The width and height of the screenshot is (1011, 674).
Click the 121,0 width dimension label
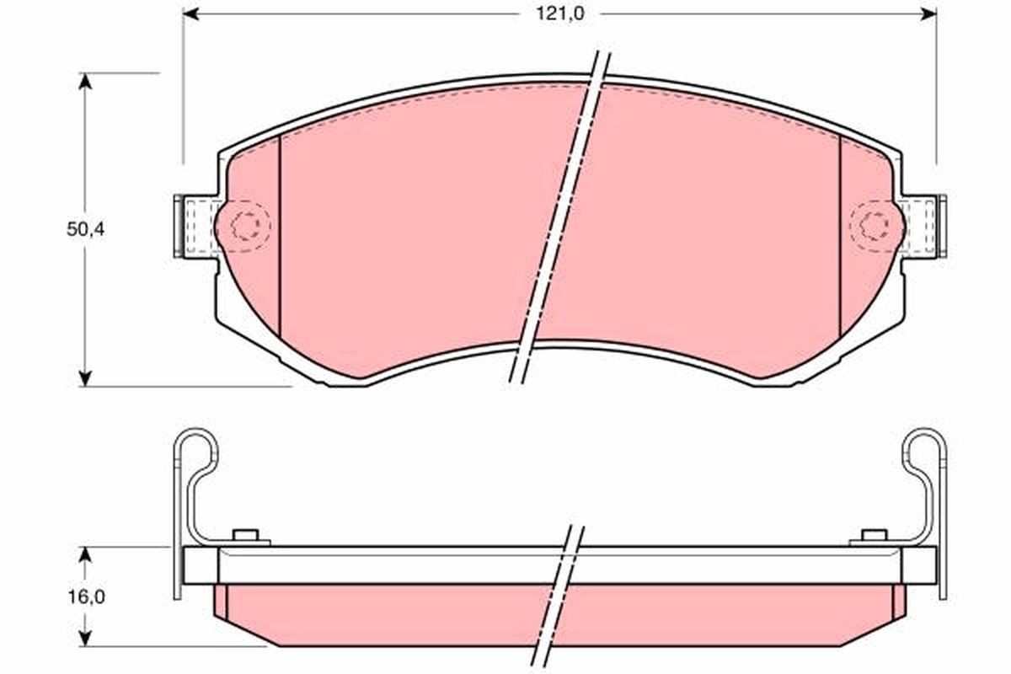[x=559, y=14]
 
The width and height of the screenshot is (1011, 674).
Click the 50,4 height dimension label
[x=85, y=230]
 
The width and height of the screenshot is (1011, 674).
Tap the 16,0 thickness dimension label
[x=86, y=597]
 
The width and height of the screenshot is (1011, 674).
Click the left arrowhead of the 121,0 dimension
[x=190, y=14]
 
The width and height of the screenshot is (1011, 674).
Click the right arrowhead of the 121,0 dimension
[x=928, y=14]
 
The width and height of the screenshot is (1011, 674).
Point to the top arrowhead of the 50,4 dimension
[x=85, y=81]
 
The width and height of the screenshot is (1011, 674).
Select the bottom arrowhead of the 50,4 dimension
[x=85, y=378]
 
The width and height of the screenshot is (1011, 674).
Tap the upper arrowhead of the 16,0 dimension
[x=85, y=555]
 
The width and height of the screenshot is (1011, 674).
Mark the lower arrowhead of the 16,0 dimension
[x=85, y=639]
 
